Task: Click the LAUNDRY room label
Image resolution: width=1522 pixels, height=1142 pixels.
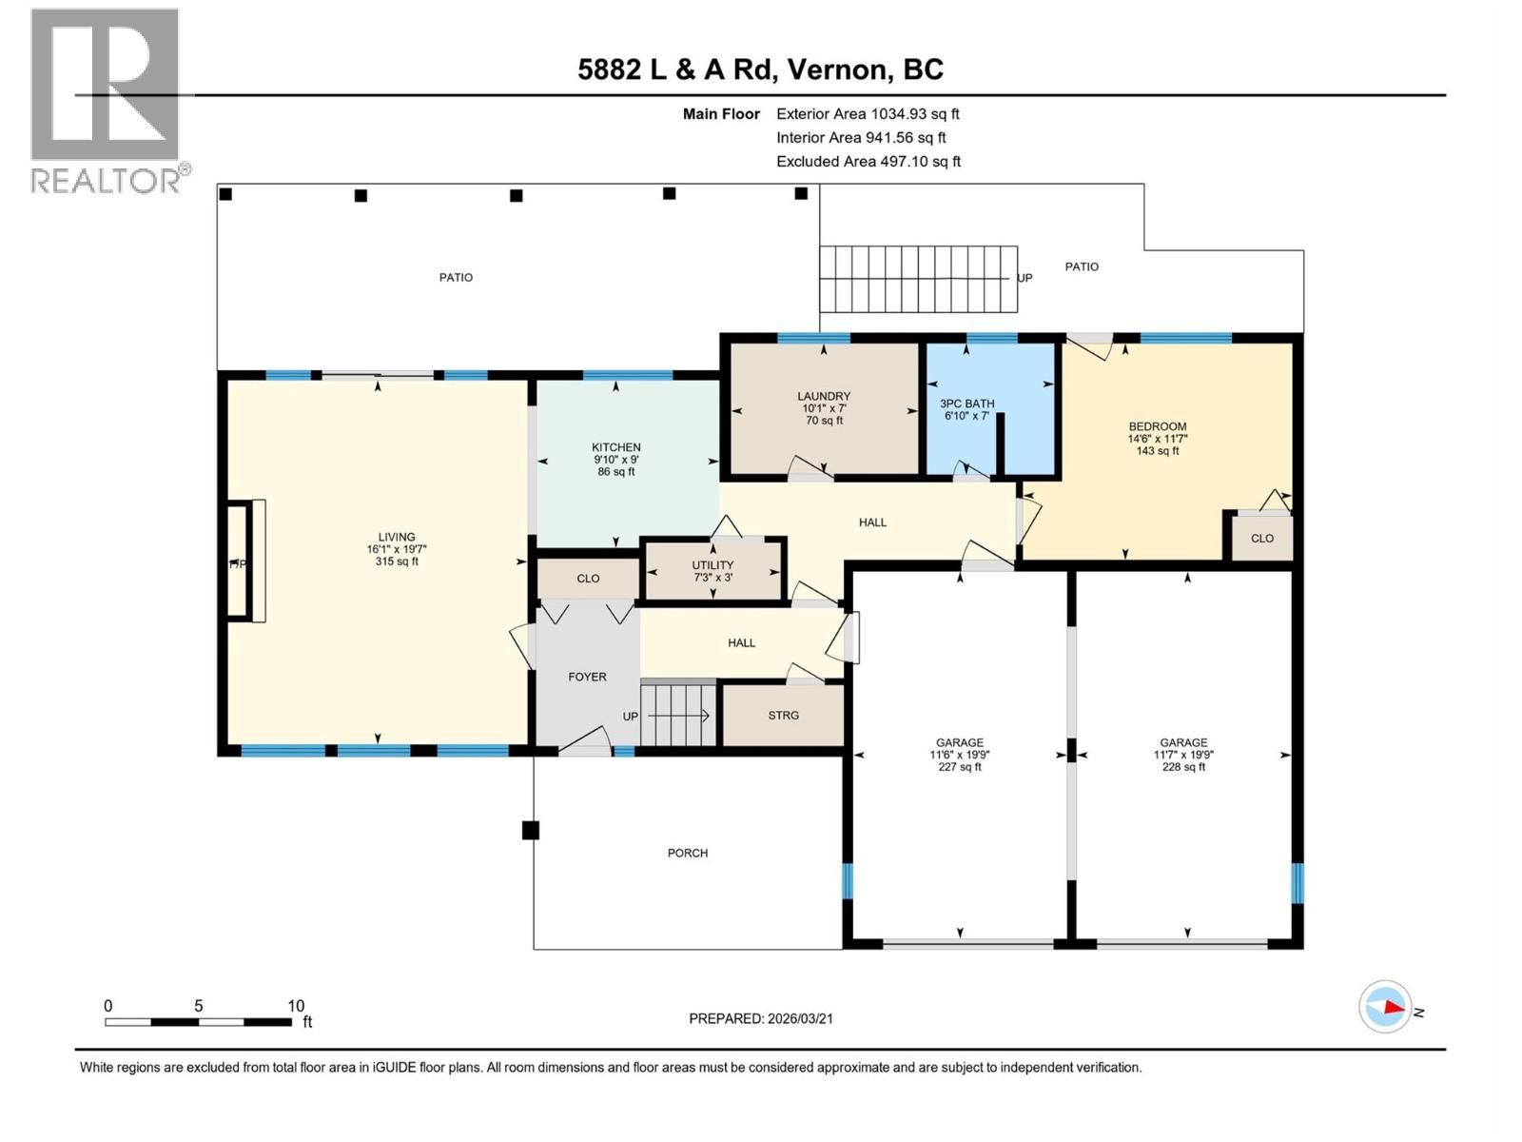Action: [x=824, y=397]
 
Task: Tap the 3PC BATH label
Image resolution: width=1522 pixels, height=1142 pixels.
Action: [x=966, y=404]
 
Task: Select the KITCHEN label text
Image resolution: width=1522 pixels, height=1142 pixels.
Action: [x=615, y=447]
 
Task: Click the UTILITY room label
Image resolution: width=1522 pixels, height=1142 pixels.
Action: [x=712, y=565]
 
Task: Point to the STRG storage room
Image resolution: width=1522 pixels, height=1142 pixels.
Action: [x=783, y=716]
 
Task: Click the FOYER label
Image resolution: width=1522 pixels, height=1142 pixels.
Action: [x=587, y=677]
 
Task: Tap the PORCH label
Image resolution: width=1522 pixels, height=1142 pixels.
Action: [x=687, y=853]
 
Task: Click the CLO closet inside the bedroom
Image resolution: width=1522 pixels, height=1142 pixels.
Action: [x=1261, y=539]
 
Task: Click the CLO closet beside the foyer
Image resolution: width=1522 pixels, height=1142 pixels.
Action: [x=588, y=579]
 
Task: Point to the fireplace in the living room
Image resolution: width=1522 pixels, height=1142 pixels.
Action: [x=244, y=562]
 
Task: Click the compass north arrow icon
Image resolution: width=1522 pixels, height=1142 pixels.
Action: [x=1386, y=1007]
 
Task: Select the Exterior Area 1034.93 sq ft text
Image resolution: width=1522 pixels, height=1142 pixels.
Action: [x=868, y=114]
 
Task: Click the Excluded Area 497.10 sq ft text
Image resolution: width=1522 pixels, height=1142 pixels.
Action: [x=868, y=162]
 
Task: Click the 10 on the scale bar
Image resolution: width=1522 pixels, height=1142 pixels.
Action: [x=296, y=1006]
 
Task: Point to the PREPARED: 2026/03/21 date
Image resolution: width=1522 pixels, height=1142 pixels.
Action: [x=761, y=1018]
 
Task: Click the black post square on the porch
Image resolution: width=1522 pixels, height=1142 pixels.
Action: [x=531, y=830]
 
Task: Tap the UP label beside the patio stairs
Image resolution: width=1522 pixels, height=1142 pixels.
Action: [x=1024, y=278]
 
